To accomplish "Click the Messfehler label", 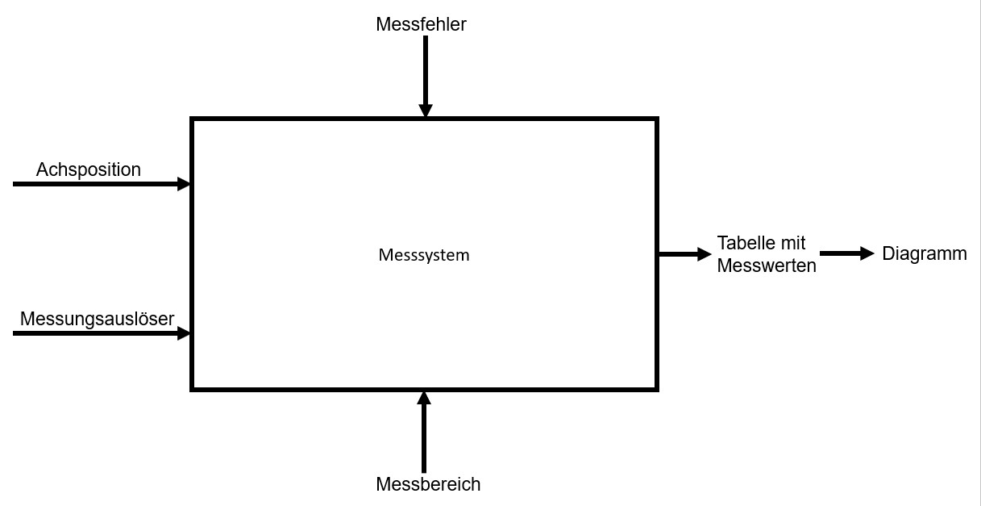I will tap(421, 24).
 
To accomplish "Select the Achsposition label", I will tap(89, 169).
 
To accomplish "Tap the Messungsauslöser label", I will tap(97, 319).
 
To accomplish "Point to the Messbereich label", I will tap(428, 484).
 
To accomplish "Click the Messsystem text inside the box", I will tap(423, 255).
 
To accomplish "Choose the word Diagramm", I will tap(924, 253).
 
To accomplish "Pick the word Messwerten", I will tap(766, 265).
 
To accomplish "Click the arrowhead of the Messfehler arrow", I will tap(426, 111).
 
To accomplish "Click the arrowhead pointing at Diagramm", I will tap(867, 253).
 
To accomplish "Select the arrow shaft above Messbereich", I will tap(424, 436).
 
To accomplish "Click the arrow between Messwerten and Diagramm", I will tap(842, 253).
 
